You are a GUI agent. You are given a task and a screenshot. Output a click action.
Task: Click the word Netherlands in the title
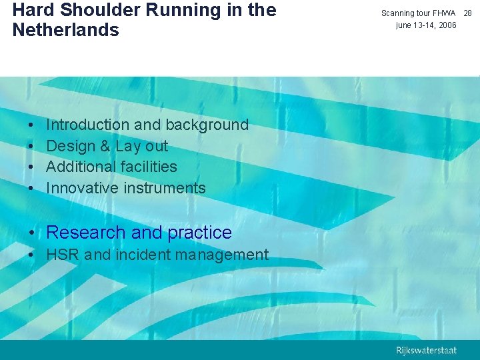[x=66, y=30]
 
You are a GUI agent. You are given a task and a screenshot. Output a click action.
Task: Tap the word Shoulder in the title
[x=95, y=10]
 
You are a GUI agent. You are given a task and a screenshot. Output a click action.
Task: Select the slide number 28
[x=467, y=13]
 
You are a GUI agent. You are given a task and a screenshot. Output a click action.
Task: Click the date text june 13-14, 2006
[x=426, y=25]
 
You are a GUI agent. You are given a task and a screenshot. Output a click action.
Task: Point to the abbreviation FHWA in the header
[x=443, y=13]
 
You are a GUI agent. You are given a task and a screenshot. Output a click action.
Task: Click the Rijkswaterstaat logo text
[x=427, y=350]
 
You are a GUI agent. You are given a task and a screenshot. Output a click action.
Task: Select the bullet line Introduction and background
[x=147, y=125]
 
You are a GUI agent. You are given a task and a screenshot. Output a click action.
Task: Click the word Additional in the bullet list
[x=79, y=167]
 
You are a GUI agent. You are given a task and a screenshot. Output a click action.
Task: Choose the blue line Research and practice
[x=139, y=233]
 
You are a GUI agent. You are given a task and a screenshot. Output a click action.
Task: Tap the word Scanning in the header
[x=398, y=13]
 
